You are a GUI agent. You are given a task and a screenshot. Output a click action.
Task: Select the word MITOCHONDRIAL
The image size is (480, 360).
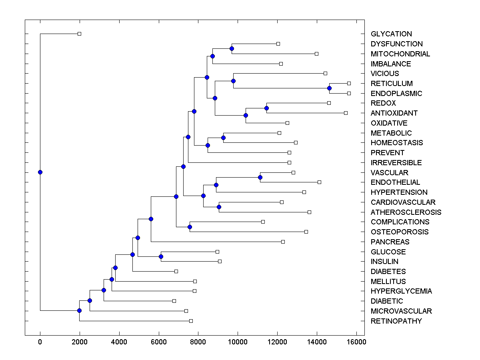coord(400,54)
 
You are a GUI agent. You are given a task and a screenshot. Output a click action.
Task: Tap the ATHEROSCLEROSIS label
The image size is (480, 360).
coord(406,212)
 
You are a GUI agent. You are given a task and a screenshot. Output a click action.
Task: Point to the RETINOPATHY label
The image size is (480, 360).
coord(396,321)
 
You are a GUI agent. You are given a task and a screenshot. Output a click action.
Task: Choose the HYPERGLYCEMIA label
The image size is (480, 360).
coord(401,291)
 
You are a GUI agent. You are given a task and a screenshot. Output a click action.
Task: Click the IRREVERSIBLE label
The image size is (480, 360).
coord(396,163)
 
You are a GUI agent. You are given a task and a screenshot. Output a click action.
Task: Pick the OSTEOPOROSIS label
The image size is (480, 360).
coord(400,232)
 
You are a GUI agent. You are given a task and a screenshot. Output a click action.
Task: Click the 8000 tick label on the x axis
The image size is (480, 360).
coord(198,342)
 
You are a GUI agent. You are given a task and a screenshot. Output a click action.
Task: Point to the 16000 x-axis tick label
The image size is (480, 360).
coord(356,342)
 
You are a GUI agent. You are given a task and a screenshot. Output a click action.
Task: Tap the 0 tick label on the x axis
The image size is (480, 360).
coord(40,342)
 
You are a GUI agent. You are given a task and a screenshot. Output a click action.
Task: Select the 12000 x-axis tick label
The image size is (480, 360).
coord(278,342)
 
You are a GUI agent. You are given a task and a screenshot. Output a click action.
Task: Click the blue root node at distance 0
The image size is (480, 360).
coord(40,172)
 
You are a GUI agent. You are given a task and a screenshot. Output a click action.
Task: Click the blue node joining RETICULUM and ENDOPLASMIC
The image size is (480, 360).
coord(329,88)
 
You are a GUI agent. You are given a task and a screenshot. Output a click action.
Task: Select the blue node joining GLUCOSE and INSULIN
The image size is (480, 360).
coord(161,256)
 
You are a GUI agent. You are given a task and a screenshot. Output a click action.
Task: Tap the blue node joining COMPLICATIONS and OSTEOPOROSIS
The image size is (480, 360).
coord(190,227)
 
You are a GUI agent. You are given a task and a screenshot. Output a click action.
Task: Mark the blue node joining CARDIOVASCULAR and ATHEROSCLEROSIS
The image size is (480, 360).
coord(219,207)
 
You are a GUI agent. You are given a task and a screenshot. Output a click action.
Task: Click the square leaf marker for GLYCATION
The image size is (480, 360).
coord(79,34)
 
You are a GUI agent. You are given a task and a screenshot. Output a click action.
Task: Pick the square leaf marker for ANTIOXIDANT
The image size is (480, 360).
coord(346,113)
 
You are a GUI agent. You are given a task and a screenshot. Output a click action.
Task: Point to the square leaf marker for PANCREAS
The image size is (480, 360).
coord(283,242)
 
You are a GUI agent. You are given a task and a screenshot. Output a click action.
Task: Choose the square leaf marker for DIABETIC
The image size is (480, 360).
coord(174,301)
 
